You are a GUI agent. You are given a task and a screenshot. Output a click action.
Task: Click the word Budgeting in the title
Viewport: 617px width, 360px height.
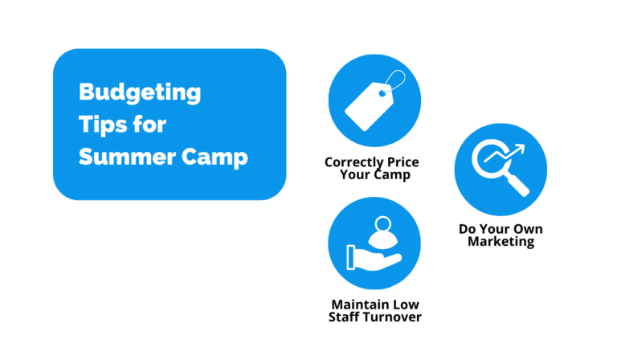coord(140,93)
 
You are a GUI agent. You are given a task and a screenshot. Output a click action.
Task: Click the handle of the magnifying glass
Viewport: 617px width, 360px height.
coord(517,185)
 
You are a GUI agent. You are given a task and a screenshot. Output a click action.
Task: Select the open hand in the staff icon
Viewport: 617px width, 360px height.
coord(370,257)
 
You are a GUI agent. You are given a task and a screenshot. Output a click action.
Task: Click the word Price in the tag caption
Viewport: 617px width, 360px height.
coord(404,162)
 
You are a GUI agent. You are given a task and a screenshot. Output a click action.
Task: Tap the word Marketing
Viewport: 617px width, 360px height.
coord(501,241)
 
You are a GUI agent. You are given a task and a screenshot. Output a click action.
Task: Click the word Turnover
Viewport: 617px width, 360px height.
coord(392,317)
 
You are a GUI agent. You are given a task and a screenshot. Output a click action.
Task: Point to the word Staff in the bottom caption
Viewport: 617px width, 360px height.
coord(345,317)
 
